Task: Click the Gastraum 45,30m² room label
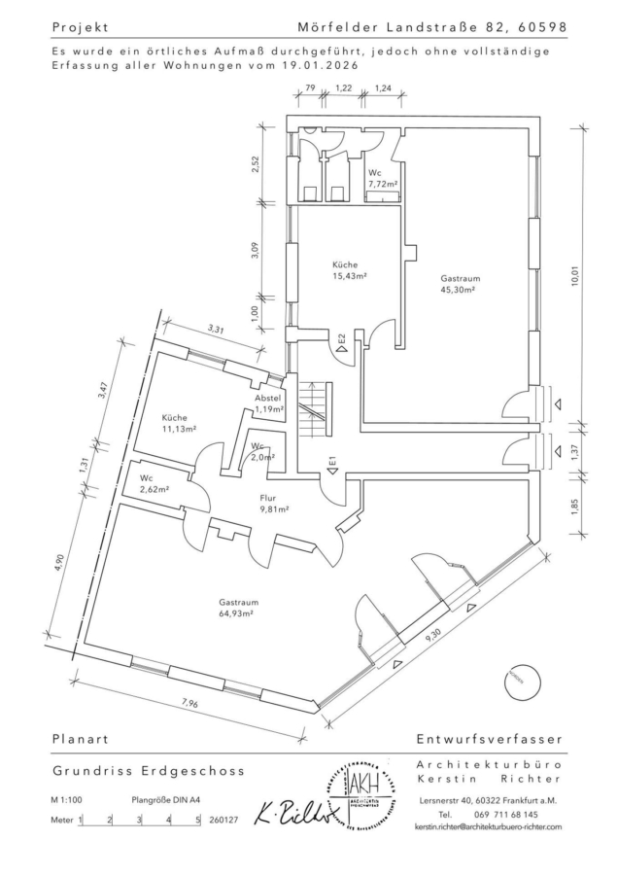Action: [461, 283]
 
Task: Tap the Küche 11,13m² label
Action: [179, 422]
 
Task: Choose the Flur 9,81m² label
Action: [272, 503]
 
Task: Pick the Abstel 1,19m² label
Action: [268, 404]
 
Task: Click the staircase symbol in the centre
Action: [314, 409]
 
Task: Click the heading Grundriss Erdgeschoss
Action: [148, 770]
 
